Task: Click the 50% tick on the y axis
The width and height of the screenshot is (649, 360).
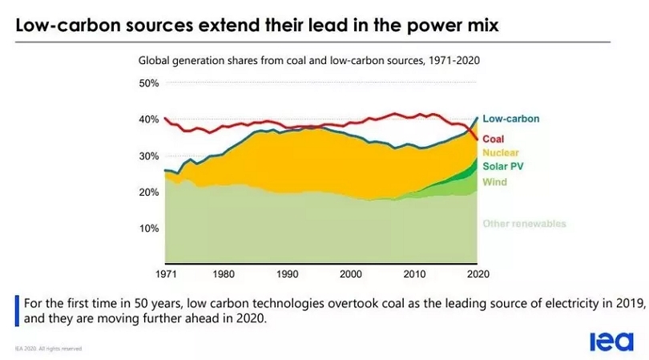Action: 149,83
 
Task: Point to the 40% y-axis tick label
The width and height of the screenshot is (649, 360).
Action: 149,119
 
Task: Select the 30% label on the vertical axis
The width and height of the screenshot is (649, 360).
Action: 149,156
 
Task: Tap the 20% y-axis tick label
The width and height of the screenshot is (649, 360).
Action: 149,192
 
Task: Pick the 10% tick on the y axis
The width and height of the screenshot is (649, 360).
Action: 149,229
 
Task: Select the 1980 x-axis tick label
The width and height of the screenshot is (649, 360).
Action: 225,273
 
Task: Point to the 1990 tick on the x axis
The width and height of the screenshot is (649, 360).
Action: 288,273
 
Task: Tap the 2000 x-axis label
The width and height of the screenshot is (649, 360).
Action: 351,273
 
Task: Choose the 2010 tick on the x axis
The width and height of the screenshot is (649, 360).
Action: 413,273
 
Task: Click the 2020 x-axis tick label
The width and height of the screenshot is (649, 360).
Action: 477,273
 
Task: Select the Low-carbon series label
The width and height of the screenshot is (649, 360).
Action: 510,119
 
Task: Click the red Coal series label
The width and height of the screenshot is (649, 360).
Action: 494,139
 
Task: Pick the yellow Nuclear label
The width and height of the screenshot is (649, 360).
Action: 501,152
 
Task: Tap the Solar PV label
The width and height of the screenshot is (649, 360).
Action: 503,167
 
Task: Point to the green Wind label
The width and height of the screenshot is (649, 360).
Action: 494,182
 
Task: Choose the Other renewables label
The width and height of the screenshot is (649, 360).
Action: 524,223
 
